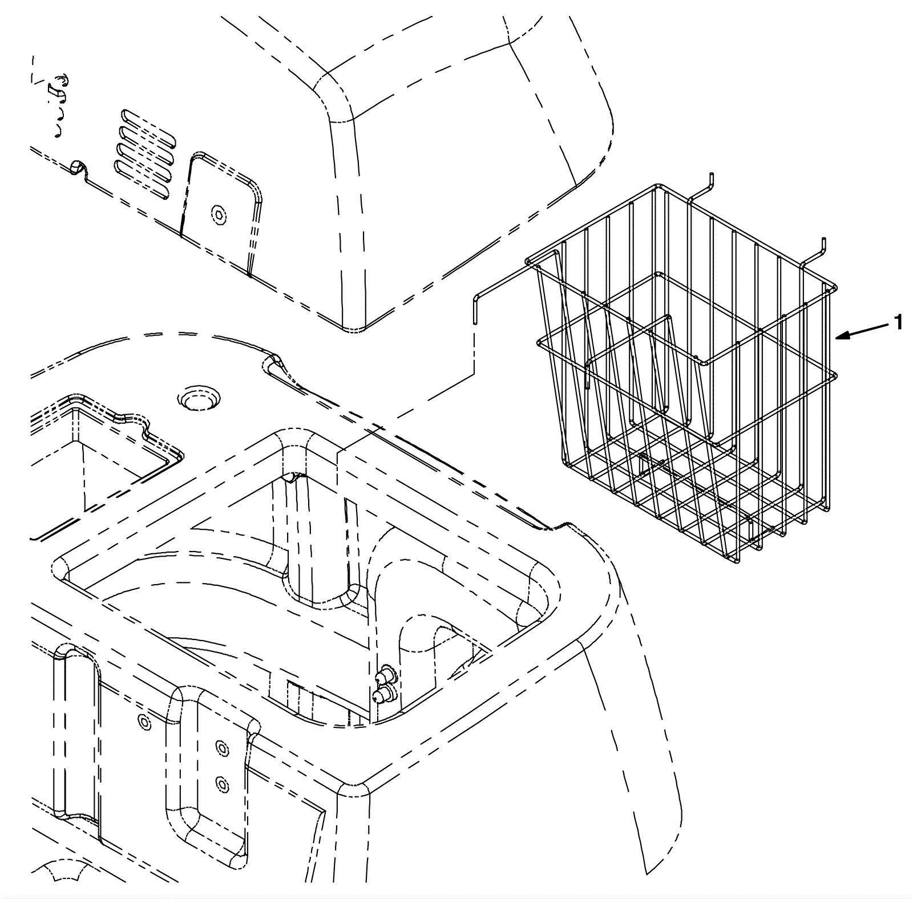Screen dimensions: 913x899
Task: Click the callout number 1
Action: point(898,323)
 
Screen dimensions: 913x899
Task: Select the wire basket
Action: point(685,371)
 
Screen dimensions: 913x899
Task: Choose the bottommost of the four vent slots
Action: point(143,177)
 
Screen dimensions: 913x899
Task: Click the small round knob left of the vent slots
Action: point(75,167)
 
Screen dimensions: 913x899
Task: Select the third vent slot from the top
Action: point(144,158)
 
